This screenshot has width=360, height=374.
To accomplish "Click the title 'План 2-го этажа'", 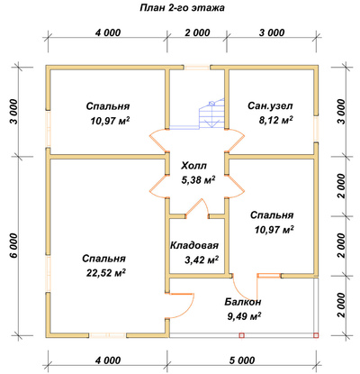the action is pos(182,8).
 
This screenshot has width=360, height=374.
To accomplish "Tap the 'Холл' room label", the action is pos(193,166).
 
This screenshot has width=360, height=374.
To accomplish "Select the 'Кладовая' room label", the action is pos(194,245).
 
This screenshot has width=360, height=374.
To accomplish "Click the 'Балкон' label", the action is pos(243,302).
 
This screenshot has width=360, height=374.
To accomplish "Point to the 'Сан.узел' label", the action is pos(270,106).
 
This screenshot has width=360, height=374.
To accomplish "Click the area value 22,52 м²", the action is pos(106,273).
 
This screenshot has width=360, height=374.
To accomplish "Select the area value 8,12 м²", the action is pos(275,120).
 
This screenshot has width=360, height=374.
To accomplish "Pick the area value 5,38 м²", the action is pos(198,179).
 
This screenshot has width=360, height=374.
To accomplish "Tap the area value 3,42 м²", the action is pos(202,260).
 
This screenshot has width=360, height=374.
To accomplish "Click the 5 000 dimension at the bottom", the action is pos(243,360).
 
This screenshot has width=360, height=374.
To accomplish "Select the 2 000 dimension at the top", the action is pos(197,32).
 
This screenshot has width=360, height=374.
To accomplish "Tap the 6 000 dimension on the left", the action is pos(13,245).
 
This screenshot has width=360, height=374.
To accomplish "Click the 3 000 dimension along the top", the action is pos(272,32).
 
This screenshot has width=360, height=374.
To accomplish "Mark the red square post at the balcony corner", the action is pos(316,335).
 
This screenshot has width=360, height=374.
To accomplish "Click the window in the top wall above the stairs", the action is pos(197,67).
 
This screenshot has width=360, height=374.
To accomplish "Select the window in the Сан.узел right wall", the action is pos(316,129).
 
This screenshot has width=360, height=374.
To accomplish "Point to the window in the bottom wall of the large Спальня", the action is pos(107,335).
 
